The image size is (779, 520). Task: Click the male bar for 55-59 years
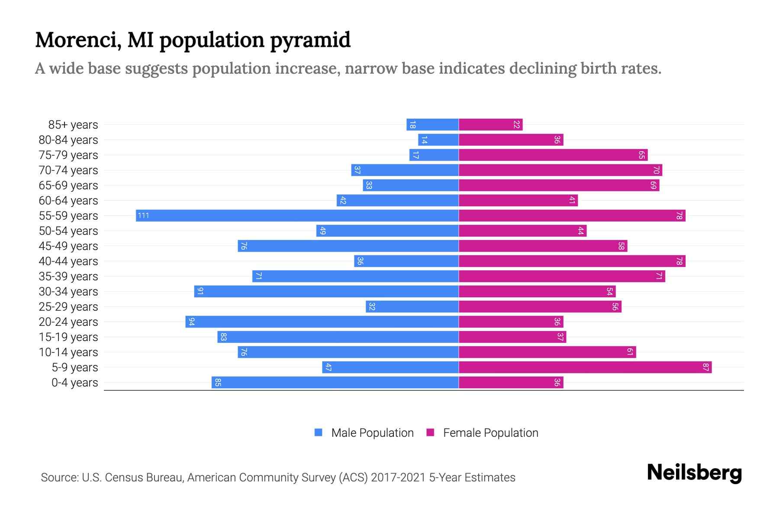tap(297, 215)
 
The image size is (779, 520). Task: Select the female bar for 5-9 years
tap(585, 367)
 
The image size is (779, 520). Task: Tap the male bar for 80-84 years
tap(438, 140)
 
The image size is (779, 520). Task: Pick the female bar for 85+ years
tap(491, 125)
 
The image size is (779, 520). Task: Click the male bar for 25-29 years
tap(412, 307)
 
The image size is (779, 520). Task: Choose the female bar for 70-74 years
tap(560, 170)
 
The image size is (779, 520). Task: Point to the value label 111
tap(143, 215)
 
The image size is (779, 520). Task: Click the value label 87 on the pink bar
tap(706, 367)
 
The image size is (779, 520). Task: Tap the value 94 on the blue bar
tap(191, 322)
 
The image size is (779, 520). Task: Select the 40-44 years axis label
tap(68, 261)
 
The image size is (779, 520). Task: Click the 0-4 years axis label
tap(74, 383)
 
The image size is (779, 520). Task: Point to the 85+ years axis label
tap(73, 125)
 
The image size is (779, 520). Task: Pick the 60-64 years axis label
tap(68, 201)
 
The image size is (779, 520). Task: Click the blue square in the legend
tap(319, 432)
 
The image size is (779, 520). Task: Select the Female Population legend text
tap(490, 433)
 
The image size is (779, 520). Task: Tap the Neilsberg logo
tap(694, 473)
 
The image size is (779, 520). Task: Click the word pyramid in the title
tap(310, 40)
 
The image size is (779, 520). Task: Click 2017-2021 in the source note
tap(398, 478)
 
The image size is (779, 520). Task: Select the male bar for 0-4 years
tap(335, 383)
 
